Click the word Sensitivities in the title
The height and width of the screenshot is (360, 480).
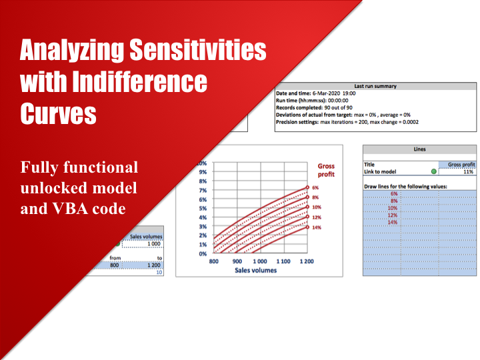[198, 49]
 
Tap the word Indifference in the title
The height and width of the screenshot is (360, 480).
[139, 81]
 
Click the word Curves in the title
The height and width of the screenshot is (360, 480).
[58, 113]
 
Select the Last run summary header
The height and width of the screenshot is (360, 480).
[375, 86]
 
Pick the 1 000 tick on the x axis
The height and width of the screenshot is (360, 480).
[260, 261]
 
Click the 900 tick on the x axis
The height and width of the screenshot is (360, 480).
[237, 261]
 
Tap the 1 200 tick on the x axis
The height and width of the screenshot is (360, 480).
[307, 261]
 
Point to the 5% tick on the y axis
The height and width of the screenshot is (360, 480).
[203, 209]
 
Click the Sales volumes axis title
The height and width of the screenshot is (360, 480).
[255, 270]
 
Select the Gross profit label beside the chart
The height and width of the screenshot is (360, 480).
[326, 170]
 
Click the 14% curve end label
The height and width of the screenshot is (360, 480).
[317, 227]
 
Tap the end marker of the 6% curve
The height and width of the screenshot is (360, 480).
[307, 187]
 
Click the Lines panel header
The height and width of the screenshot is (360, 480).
[419, 149]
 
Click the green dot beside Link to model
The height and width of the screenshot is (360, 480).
[433, 171]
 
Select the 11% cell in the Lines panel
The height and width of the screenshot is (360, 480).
[469, 172]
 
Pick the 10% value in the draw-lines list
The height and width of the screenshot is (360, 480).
[393, 208]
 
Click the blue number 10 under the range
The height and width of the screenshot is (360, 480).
[159, 272]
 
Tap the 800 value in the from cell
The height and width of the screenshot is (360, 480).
[114, 265]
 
